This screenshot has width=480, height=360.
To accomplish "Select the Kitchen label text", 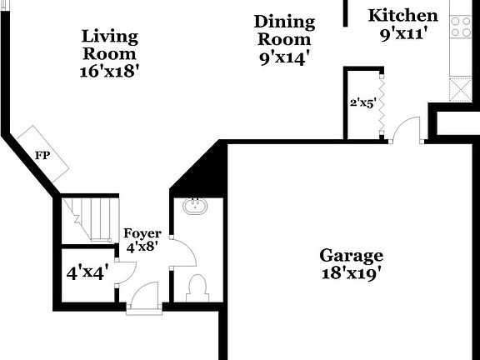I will pos(402,16).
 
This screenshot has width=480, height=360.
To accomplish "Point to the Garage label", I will pos(352,255).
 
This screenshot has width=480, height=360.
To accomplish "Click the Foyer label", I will pos(142,233).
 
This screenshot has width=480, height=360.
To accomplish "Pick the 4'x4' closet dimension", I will pos(87,272).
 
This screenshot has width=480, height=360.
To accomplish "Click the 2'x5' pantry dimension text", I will pos(363,103).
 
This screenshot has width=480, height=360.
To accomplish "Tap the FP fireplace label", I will pos(41,156).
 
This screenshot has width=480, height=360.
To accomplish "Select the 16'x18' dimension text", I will pos(108,72).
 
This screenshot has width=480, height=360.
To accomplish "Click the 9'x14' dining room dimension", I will pos(285,57).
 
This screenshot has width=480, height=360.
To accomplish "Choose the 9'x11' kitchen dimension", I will pos(403,34).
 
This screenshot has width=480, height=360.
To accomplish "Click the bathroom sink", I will pos(193,203).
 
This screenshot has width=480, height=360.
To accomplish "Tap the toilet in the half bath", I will pos(198,287).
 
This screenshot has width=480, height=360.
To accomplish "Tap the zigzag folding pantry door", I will pos(382,105).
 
